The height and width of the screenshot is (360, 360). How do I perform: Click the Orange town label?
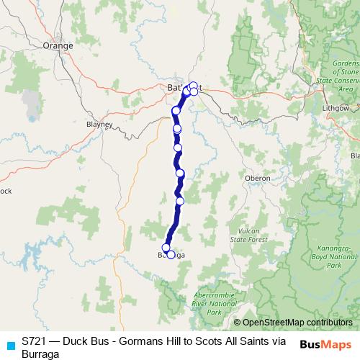[x=58, y=45]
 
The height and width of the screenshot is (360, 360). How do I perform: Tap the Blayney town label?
[x=99, y=124]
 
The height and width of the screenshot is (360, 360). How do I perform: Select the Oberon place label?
[x=256, y=178]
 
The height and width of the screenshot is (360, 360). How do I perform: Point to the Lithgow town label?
[x=335, y=107]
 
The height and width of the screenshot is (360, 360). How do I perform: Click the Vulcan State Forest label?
[x=248, y=235]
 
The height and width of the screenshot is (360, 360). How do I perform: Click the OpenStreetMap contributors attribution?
[x=297, y=322]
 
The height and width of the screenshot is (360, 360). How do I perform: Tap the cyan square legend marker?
[x=10, y=344]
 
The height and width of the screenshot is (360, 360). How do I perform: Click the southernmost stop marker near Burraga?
[x=171, y=255]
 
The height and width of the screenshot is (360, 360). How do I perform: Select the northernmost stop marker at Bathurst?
[x=194, y=85]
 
